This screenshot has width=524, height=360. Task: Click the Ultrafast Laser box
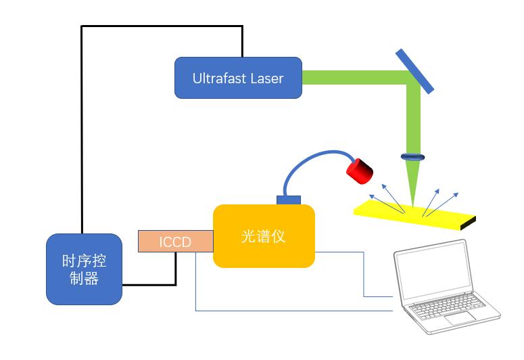tap(238, 78)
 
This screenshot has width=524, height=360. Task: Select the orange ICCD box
tap(175, 242)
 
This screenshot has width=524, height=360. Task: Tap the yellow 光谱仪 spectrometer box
tap(264, 236)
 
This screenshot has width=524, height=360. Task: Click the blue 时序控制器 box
tap(84, 269)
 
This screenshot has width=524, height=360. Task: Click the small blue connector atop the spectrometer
tap(289, 199)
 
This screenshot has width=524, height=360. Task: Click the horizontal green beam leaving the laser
tap(352, 78)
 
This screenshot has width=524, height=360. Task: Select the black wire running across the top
tap(162, 26)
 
